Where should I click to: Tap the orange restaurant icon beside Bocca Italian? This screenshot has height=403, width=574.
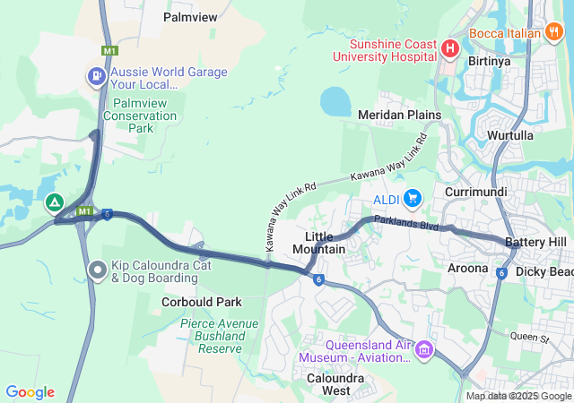[554, 32]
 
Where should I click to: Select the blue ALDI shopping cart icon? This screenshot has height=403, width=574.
[413, 197]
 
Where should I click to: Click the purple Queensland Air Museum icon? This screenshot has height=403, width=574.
[424, 347]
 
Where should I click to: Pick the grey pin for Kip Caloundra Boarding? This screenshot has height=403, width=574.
[98, 269]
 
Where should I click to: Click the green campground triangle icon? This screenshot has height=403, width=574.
[55, 202]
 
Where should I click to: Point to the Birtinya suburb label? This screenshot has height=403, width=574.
[489, 62]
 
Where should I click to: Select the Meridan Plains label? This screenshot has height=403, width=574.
[399, 115]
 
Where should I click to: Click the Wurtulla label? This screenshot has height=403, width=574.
[510, 135]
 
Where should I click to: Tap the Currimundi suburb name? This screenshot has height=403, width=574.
[475, 193]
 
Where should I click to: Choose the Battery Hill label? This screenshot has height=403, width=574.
[535, 243]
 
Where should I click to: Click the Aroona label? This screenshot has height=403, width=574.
[467, 268]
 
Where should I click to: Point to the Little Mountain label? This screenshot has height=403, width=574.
[319, 242]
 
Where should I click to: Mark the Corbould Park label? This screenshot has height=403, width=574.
[202, 303]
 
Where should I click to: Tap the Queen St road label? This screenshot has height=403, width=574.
[528, 338]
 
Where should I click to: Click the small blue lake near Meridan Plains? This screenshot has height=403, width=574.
[335, 101]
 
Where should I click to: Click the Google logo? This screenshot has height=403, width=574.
[30, 392]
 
